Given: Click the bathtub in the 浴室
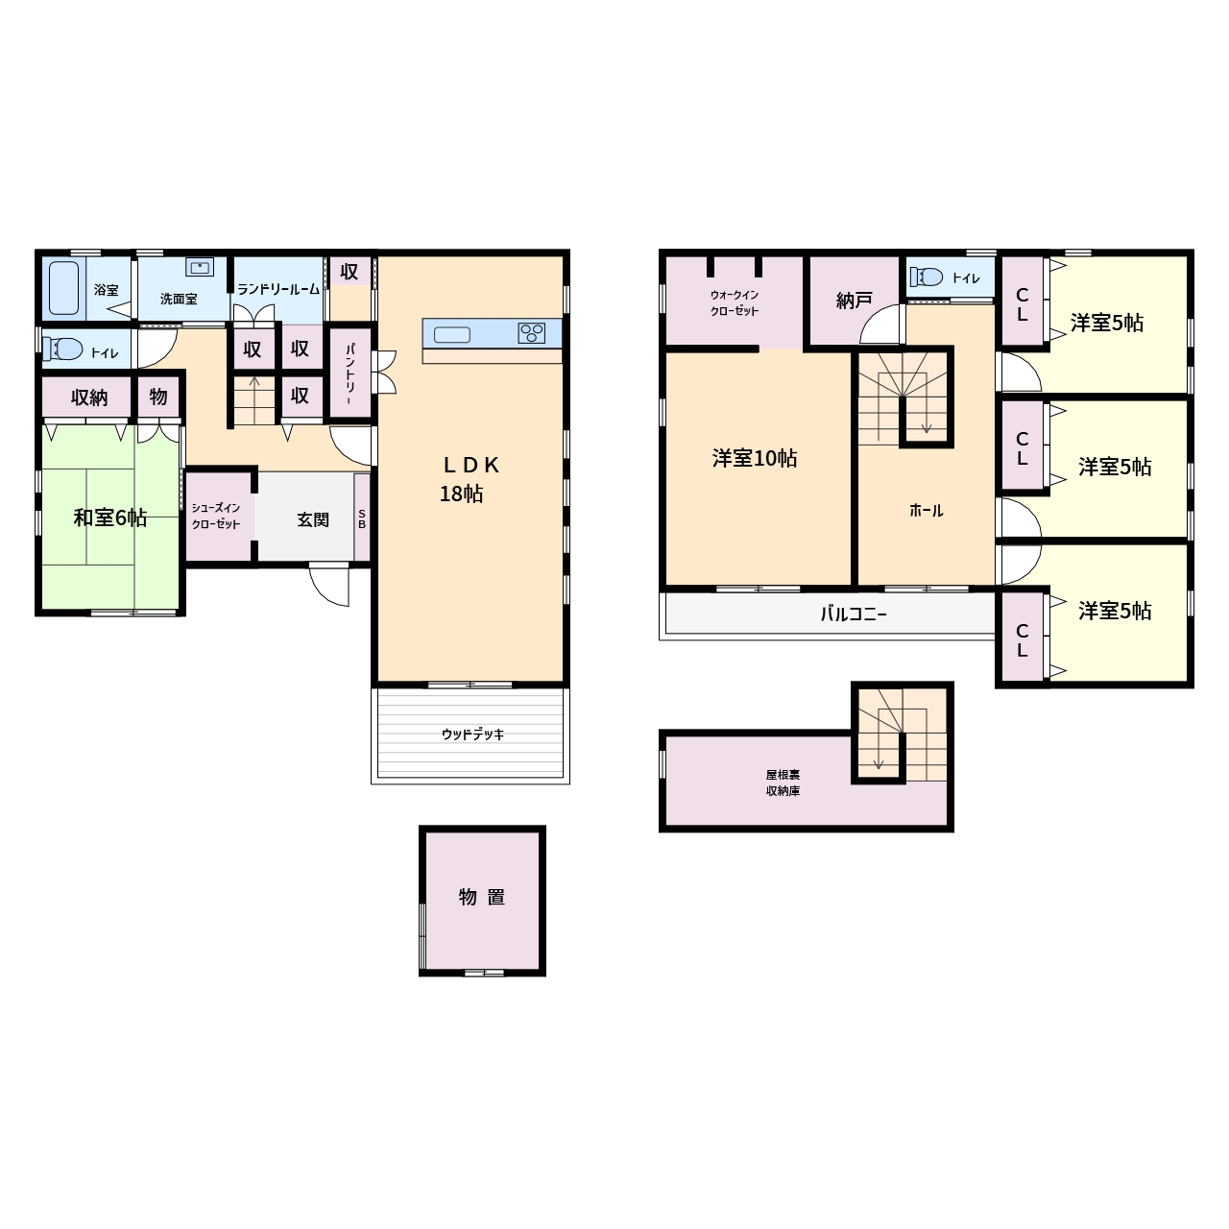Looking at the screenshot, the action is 63,288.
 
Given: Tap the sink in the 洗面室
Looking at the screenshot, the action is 200,267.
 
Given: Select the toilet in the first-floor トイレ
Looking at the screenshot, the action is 62,349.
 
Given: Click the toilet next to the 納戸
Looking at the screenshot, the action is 927,277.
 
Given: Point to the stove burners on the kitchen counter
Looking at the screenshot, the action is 531,333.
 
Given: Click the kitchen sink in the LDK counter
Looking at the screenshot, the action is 452,334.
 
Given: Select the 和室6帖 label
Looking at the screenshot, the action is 110,518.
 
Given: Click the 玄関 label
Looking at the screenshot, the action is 313,519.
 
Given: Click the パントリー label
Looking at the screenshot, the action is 350,374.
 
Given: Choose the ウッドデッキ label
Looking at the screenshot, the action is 472,735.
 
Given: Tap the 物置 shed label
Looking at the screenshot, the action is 482,897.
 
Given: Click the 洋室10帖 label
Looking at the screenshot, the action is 755,458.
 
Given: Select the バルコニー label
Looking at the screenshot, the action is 854,614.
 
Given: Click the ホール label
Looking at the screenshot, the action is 926,510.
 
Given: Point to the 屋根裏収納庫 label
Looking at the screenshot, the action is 783,783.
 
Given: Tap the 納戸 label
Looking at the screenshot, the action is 854,301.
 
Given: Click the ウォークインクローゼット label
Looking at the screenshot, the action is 735,303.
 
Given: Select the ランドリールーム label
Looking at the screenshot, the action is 278,290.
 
